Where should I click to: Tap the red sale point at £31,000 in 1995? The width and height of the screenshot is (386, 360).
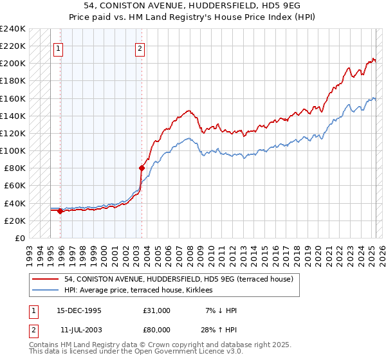pyautogui.click(x=60, y=211)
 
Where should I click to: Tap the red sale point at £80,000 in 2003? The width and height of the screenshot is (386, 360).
pyautogui.click(x=142, y=168)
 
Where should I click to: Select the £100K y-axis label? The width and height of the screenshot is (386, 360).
pyautogui.click(x=13, y=150)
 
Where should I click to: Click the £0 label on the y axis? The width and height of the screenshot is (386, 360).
pyautogui.click(x=19, y=238)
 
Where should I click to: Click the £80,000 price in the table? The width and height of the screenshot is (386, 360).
pyautogui.click(x=156, y=328)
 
